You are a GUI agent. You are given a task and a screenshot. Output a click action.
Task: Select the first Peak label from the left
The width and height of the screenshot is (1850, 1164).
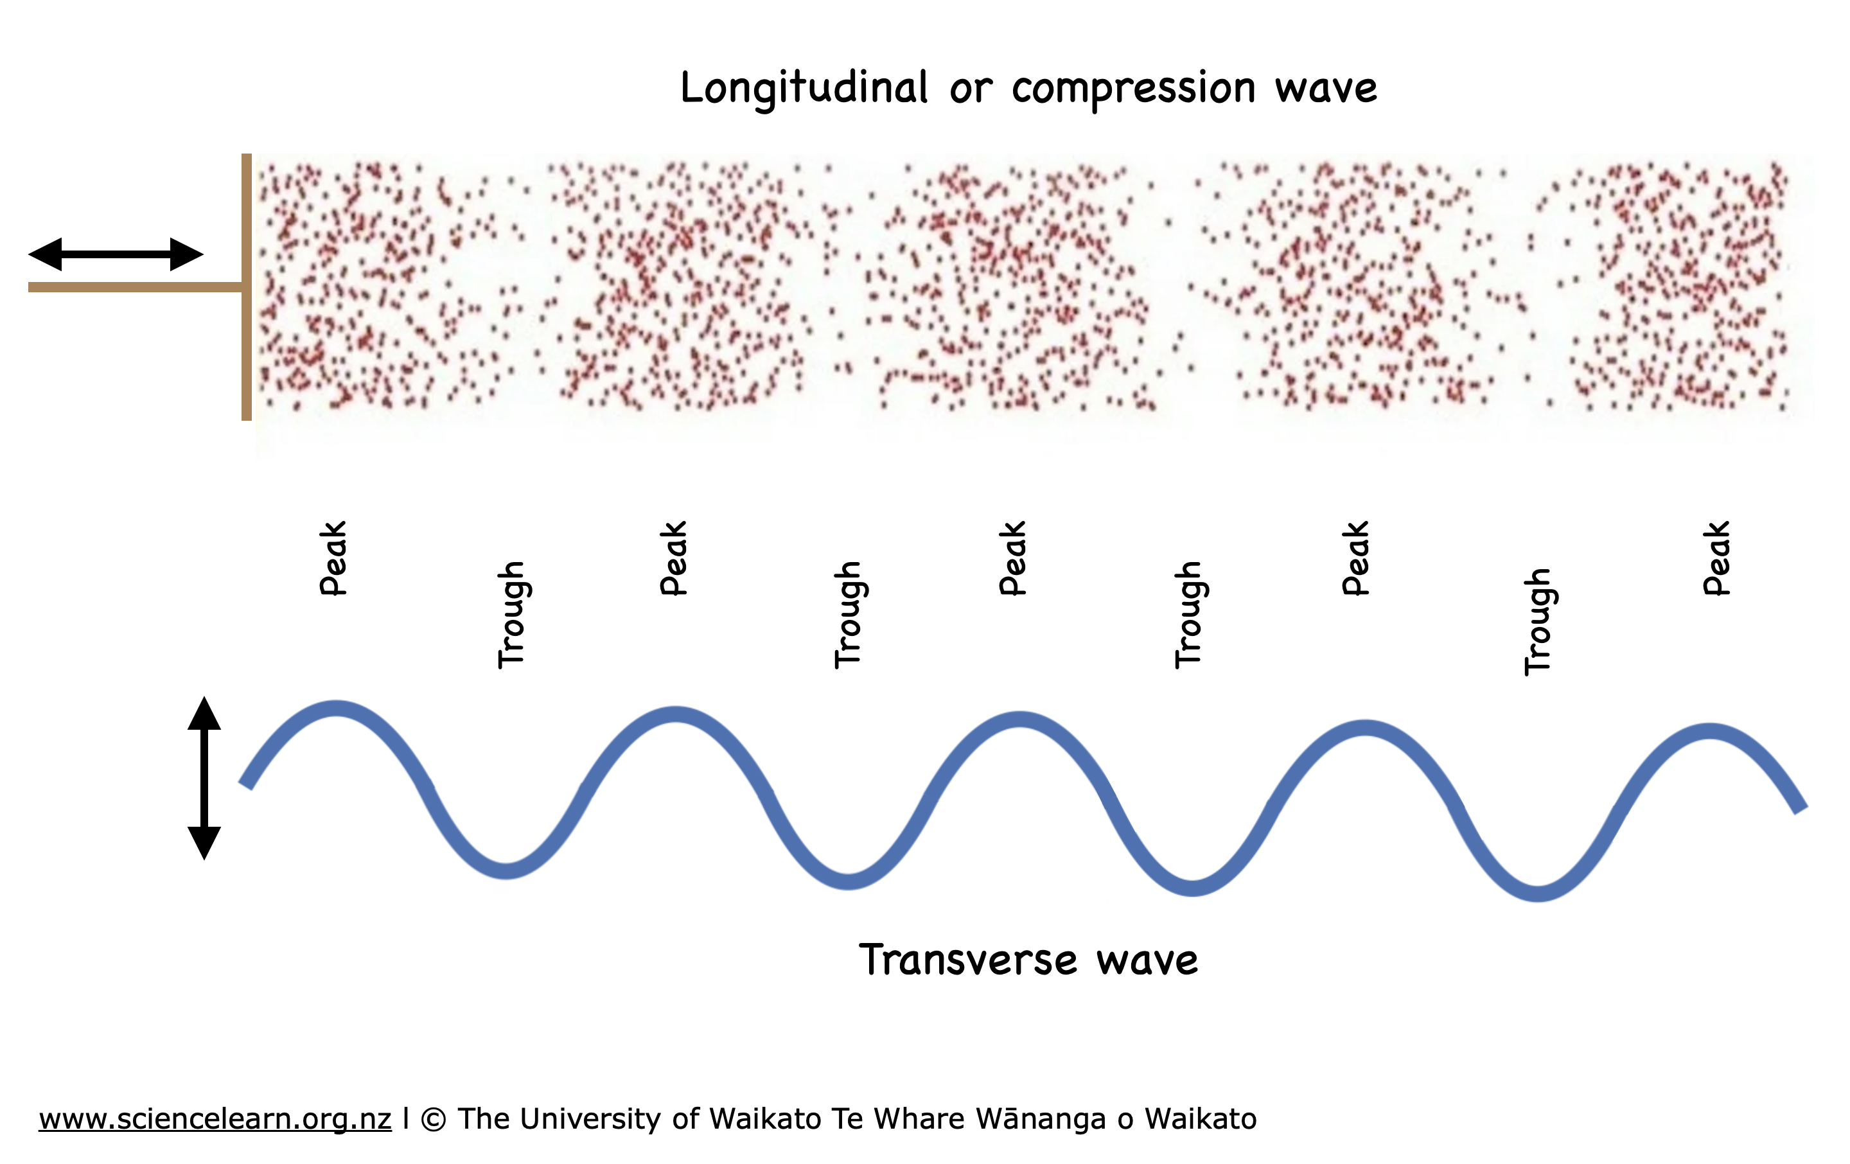click(x=333, y=559)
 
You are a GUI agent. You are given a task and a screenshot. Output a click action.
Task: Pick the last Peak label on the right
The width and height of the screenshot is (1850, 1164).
click(x=1716, y=559)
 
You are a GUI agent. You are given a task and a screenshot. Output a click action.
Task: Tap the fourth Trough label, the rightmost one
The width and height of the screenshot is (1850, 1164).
click(x=1537, y=622)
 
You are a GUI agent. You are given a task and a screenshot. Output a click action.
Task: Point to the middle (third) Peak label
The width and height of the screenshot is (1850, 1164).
click(x=1012, y=559)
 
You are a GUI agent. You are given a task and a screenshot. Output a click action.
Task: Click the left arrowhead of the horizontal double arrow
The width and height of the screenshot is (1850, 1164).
click(x=46, y=254)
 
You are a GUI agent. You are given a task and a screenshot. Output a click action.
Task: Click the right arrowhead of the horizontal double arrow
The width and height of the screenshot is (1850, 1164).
click(x=187, y=254)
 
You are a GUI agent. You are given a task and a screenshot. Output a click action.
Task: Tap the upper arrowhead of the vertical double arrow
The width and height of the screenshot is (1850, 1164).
click(x=204, y=714)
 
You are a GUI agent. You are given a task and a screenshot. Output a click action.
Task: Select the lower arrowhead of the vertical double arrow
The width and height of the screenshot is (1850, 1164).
click(x=204, y=842)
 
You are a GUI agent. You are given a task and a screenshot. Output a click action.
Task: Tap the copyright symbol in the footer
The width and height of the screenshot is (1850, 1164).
click(x=434, y=1120)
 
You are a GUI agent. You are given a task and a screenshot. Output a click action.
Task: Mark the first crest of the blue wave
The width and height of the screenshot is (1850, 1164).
click(x=336, y=709)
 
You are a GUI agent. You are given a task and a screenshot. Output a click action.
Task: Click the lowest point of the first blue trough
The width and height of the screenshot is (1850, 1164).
click(x=506, y=870)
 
